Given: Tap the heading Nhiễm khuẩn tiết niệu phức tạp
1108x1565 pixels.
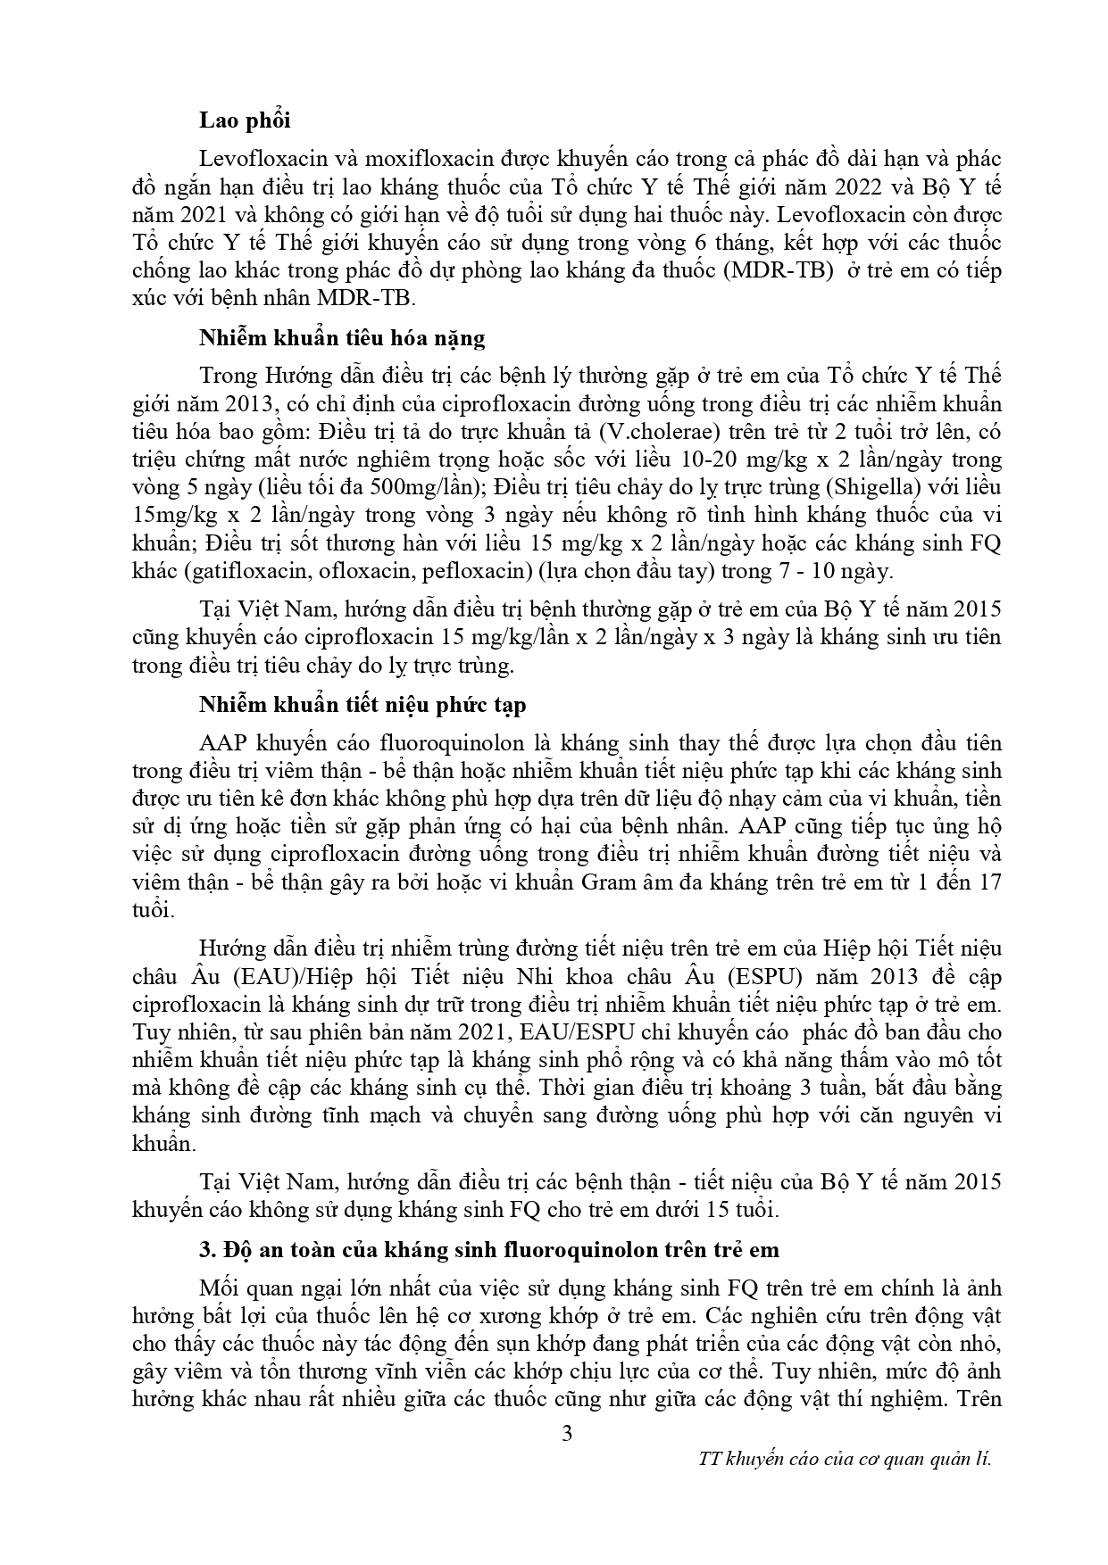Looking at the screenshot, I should [x=362, y=704].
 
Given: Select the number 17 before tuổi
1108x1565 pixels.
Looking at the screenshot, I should [x=988, y=882].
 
